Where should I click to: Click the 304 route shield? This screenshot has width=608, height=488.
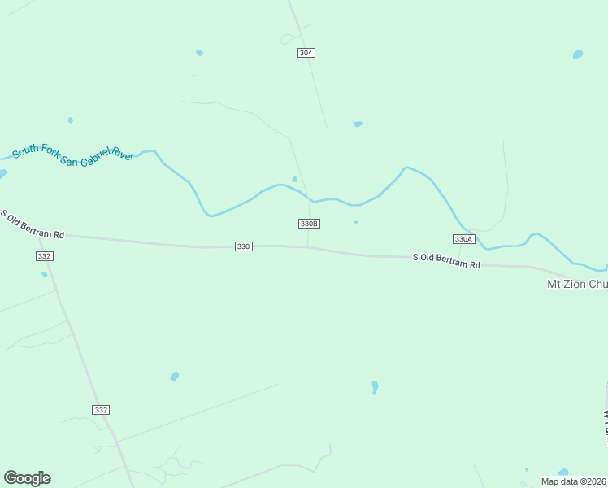[x=306, y=53]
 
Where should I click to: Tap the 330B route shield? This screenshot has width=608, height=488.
[x=309, y=224]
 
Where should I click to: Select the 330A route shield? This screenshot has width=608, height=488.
[x=463, y=239]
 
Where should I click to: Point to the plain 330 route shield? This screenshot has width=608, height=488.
[x=243, y=246]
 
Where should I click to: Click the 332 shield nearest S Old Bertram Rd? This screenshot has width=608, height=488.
[x=45, y=256]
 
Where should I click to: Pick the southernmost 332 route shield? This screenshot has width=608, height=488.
[x=101, y=410]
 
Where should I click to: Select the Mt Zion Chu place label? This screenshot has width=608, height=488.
[x=576, y=285]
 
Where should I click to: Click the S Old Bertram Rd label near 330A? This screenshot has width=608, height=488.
[x=446, y=260]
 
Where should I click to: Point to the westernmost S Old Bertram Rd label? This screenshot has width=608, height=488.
[x=33, y=224]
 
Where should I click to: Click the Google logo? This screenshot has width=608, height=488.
[x=27, y=478]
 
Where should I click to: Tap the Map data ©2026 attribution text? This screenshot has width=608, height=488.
[x=573, y=481]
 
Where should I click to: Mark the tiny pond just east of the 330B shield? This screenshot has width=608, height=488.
[x=355, y=223]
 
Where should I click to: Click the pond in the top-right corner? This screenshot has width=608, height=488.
[x=577, y=54]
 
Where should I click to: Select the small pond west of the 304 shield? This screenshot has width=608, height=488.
[x=199, y=53]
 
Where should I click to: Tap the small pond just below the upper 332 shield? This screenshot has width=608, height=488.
[x=44, y=274]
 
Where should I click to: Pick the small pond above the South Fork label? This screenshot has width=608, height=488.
[x=71, y=120]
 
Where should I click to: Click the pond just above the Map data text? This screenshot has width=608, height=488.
[x=562, y=472]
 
